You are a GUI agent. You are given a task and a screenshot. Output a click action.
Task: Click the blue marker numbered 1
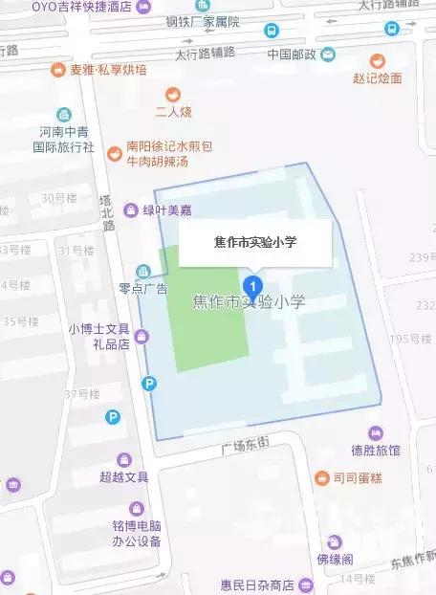pos(252,284)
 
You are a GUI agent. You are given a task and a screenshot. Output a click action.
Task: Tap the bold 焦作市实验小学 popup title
pos(254,243)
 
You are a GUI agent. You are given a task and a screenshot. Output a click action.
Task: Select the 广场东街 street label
pos(246,445)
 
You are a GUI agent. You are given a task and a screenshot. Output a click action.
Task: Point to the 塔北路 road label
pos(107,213)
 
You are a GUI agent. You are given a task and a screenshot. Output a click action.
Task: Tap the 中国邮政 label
pos(293,54)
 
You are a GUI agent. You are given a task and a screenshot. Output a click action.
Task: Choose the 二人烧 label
pos(176,112)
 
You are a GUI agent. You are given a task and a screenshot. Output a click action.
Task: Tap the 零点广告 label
pos(142,288)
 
